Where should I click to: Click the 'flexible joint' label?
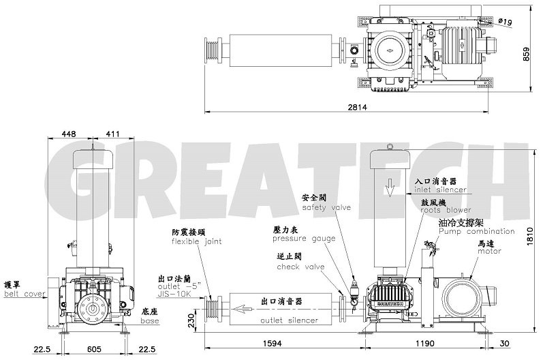196,241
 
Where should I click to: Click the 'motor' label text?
489,251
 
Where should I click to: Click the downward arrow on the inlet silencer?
389,187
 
